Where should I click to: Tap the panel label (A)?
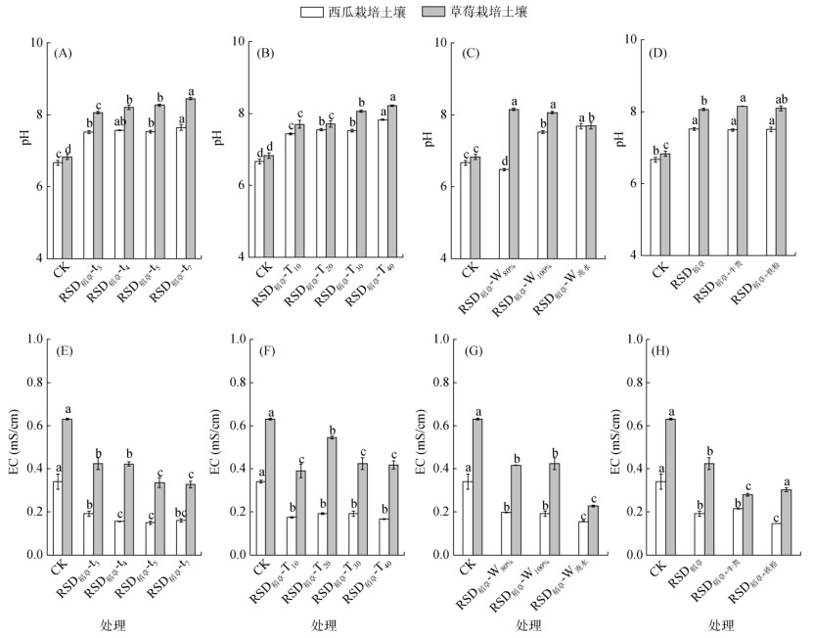(x=65, y=53)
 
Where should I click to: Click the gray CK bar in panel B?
(x=269, y=206)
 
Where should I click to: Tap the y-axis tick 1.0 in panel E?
(x=33, y=340)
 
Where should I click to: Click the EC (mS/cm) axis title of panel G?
(x=422, y=447)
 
